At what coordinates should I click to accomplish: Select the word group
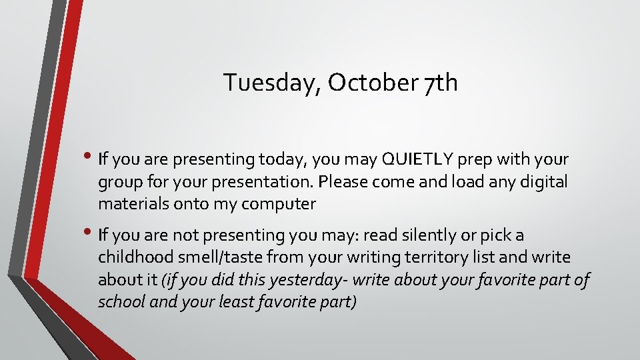[x=117, y=182]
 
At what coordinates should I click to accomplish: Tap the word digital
[x=543, y=182]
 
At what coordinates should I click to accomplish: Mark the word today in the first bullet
[x=289, y=159]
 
